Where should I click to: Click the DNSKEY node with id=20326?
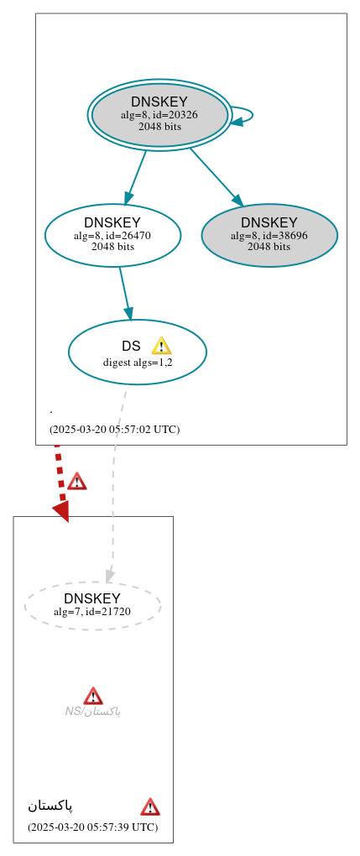coord(159,114)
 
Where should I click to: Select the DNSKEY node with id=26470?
coord(112,235)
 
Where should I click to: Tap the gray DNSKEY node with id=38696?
coord(269,235)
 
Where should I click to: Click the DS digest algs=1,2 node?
coord(137,352)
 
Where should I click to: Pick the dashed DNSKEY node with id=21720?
coord(92,605)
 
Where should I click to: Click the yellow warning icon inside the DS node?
coord(161,346)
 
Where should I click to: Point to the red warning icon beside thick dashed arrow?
coord(77,481)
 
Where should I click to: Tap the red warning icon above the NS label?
coord(93,696)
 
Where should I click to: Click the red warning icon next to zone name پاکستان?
coord(150,807)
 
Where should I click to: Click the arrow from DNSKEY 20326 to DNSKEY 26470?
coord(136,176)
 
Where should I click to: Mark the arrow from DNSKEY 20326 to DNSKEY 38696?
coord(217,177)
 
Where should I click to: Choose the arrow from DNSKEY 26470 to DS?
coord(125,293)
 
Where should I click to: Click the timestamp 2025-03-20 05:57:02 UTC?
coord(114,429)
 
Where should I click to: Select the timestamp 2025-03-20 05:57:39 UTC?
coord(92,827)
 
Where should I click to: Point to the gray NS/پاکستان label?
coord(93,712)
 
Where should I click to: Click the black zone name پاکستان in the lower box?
coord(50,806)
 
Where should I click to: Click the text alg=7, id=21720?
coord(92,612)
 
